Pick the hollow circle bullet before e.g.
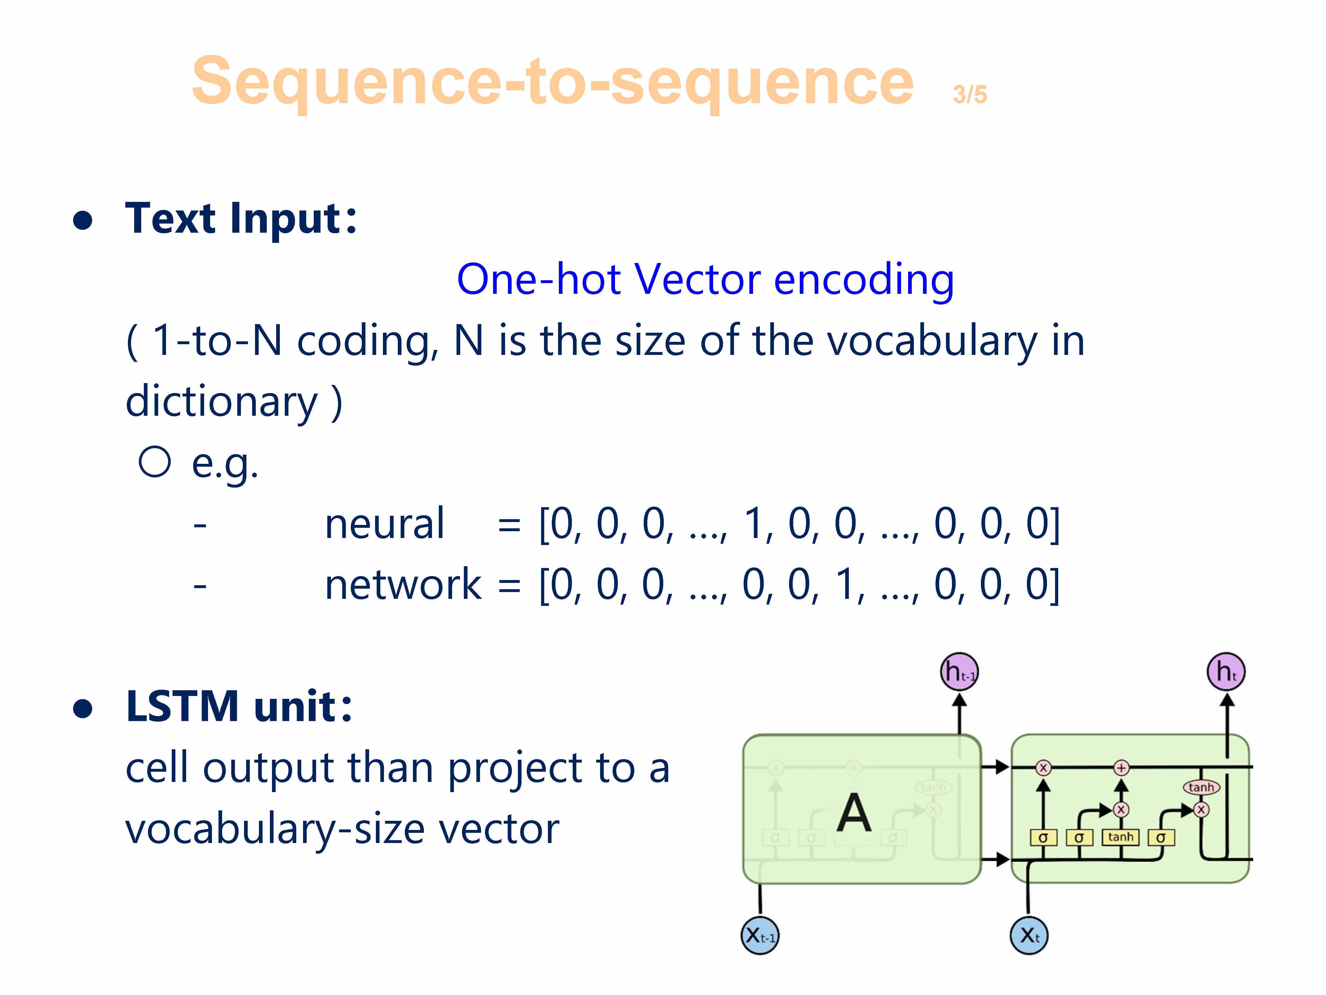click(155, 462)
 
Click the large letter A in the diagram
click(854, 813)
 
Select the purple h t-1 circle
click(959, 672)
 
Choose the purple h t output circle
click(1226, 672)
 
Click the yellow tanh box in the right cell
click(1120, 837)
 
